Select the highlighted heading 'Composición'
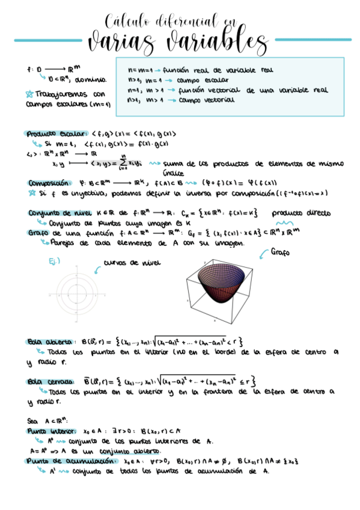tap(49, 183)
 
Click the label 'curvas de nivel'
tap(132, 262)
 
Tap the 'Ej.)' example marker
tap(54, 260)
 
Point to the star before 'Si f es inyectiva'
tap(31, 193)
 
